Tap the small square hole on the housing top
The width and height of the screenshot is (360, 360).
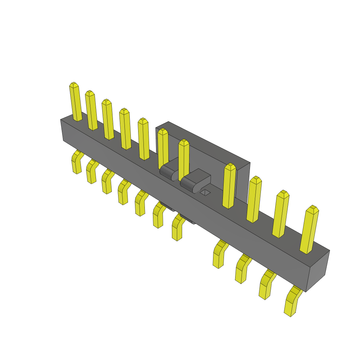205,192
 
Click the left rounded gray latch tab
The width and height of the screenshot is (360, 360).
169,169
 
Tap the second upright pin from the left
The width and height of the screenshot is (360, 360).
91,110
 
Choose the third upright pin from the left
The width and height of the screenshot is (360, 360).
108,120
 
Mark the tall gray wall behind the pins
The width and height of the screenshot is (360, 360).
211,148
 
